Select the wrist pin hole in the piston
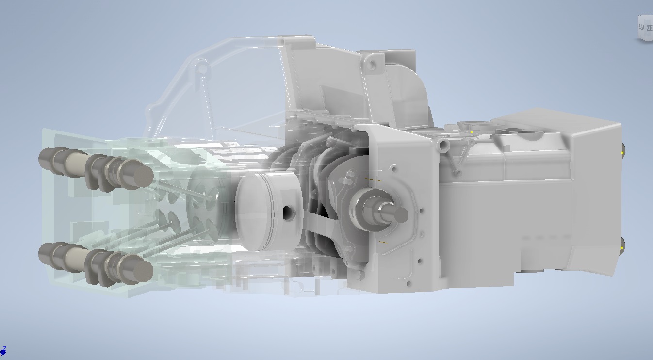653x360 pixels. [x=287, y=213]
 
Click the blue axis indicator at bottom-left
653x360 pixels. [x=3, y=350]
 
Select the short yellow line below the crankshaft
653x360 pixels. [x=383, y=241]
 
